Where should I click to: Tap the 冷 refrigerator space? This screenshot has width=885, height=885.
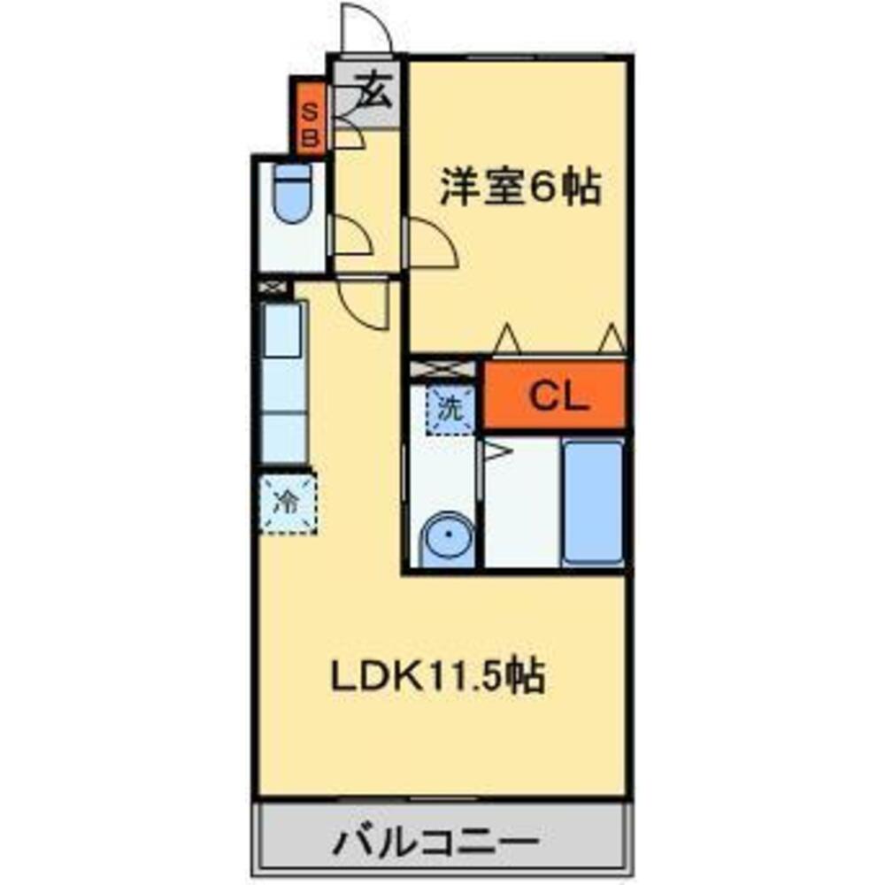288,504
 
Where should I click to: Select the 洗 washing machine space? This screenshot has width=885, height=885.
451,409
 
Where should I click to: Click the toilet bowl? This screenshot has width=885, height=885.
292,193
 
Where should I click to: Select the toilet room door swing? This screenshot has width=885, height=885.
349,237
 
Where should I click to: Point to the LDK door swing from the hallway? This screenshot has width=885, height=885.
365,304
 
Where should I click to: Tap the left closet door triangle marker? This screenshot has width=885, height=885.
506,338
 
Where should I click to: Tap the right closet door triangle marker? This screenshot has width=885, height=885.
611,338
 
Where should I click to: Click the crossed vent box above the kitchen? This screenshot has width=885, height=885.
273,288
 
